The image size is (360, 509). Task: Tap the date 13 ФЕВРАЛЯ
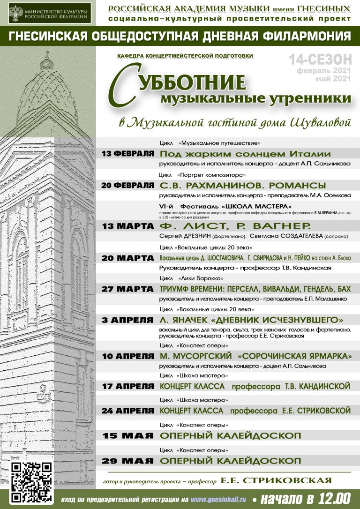tap(127, 154)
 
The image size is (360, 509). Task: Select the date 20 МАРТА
tap(127, 258)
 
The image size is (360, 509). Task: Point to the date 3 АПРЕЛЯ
tap(127, 320)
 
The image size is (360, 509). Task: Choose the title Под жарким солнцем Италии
tap(245, 154)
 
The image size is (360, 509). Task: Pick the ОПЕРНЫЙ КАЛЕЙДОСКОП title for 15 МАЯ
tap(230, 436)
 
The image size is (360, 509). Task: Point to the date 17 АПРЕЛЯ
tap(127, 386)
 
